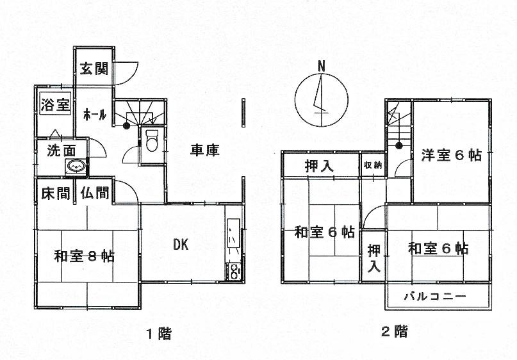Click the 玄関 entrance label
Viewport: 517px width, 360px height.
[94, 69]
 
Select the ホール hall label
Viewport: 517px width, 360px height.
[95, 115]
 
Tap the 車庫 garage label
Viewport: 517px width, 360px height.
[205, 151]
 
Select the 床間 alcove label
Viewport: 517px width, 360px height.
[56, 193]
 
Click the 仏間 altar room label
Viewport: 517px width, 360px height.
[94, 193]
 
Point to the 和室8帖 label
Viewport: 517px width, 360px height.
[84, 257]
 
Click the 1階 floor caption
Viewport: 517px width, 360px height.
[158, 333]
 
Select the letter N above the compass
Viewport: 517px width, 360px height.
[322, 65]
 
